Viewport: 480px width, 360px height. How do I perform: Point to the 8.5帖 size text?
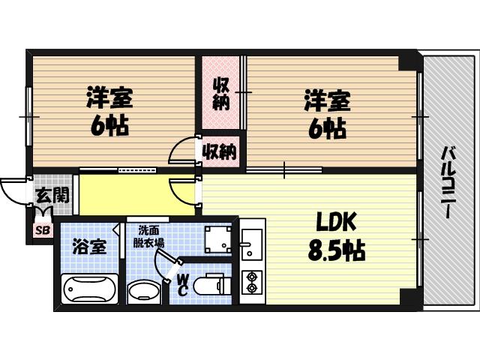[335, 250]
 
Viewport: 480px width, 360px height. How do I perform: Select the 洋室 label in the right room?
[326, 100]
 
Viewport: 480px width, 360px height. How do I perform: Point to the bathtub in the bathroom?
[89, 288]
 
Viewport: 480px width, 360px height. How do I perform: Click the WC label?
[183, 284]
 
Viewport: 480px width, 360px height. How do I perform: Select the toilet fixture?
[210, 286]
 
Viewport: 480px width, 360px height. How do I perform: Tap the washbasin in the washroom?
[142, 290]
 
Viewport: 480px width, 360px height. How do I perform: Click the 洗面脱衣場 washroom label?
[149, 236]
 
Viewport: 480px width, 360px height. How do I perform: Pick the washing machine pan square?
[217, 238]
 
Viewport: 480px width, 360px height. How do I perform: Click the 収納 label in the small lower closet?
[218, 152]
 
